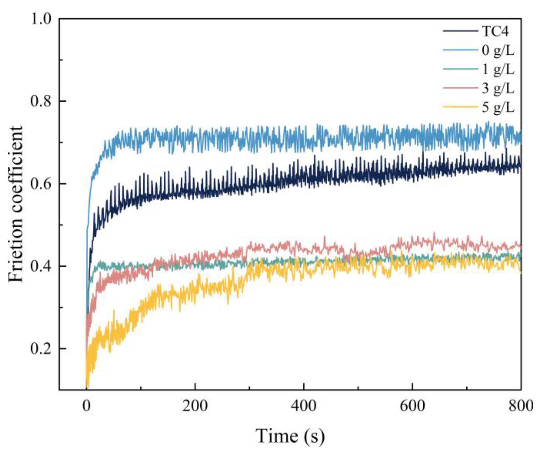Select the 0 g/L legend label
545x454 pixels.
[498, 50]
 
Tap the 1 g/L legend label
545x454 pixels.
[498, 70]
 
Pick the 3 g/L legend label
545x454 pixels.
[498, 88]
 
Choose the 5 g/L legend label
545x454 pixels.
[498, 107]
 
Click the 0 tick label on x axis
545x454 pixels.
[86, 406]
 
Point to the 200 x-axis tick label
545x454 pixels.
[195, 406]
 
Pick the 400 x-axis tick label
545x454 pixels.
[303, 406]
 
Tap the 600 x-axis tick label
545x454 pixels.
[412, 406]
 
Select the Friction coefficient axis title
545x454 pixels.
[16, 205]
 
